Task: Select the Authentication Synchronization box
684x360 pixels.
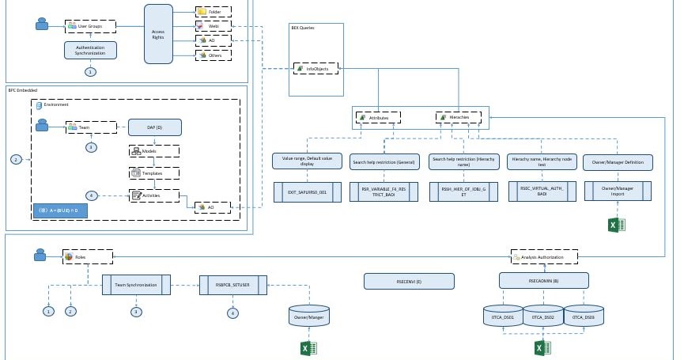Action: coord(90,50)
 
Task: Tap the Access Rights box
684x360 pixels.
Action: coord(158,33)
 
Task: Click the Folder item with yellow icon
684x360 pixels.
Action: coord(214,13)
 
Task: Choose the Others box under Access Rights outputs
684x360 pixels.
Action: coord(214,55)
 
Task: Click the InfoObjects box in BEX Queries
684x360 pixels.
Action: coord(316,69)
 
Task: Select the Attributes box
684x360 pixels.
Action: coord(378,118)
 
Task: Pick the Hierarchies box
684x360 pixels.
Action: coord(458,118)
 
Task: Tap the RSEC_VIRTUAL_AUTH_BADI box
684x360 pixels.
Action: coord(541,191)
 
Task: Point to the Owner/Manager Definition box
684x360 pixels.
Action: coord(618,162)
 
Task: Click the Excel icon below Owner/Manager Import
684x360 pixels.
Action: coord(617,225)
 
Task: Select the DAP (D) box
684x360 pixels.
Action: coord(154,127)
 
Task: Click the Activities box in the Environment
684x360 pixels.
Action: coord(154,195)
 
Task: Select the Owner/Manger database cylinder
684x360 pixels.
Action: coord(309,316)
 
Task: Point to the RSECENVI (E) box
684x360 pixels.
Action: coord(409,281)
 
